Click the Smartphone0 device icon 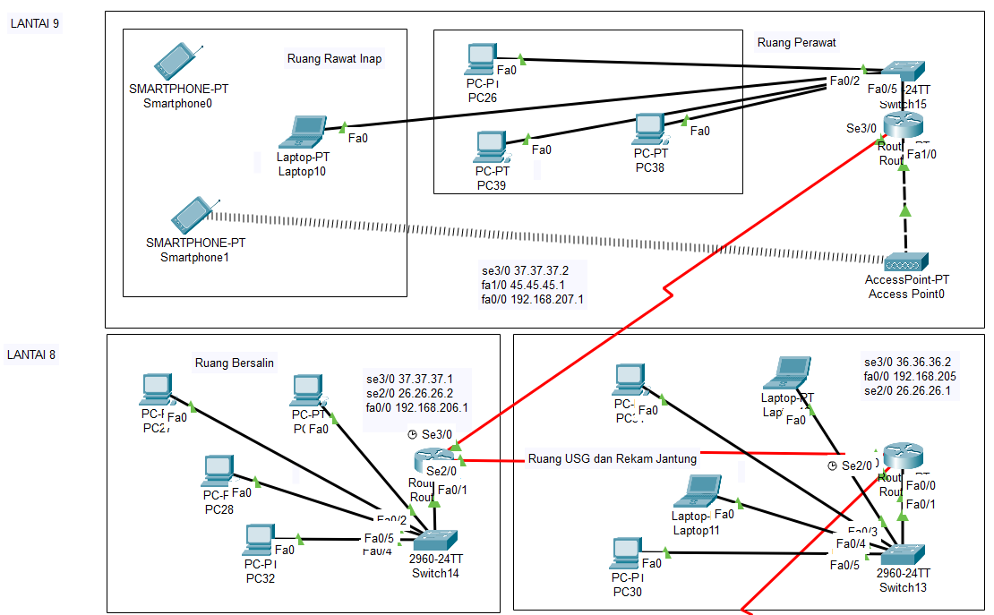[x=176, y=61]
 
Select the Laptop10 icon [x=302, y=132]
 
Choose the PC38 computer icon [x=648, y=129]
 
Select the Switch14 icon [x=435, y=540]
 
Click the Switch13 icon [x=903, y=554]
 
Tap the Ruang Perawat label [x=797, y=42]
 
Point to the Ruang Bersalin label [x=235, y=363]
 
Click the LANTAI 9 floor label [x=34, y=23]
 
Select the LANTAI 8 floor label [x=31, y=354]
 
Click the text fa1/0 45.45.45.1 [x=525, y=285]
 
